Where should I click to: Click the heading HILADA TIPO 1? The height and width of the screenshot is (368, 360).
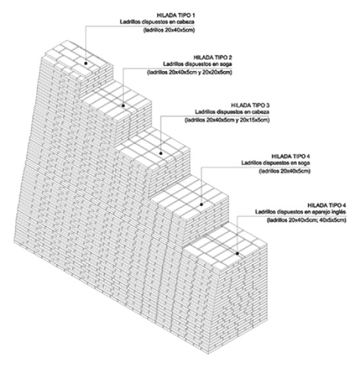(x=176, y=16)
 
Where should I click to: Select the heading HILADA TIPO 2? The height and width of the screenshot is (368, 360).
(x=213, y=57)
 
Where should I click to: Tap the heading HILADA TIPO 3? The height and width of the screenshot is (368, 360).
(x=250, y=105)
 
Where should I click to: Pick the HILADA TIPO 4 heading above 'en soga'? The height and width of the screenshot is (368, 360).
(x=290, y=156)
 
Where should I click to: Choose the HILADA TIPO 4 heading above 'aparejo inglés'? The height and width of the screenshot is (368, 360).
(x=326, y=205)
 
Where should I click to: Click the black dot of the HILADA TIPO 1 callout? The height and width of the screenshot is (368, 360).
(x=86, y=63)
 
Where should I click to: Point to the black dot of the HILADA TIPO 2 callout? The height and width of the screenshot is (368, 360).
(x=123, y=105)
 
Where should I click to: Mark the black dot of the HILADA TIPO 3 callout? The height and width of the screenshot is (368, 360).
(x=161, y=153)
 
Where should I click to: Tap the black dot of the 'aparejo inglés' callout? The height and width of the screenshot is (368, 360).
(x=238, y=253)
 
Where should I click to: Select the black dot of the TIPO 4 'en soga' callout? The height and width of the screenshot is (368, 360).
(x=201, y=205)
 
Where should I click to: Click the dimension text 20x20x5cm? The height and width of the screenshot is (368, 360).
(x=217, y=72)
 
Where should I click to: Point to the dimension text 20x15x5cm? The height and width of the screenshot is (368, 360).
(x=253, y=120)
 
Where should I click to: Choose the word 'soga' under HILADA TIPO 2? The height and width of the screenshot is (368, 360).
(x=226, y=65)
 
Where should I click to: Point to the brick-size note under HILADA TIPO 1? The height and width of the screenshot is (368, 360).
(x=169, y=30)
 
